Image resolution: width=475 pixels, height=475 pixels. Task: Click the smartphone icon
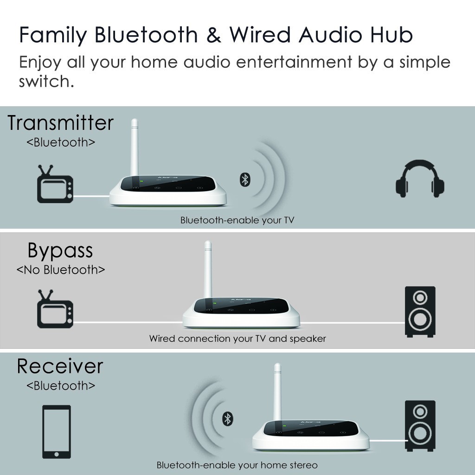coord(57,432)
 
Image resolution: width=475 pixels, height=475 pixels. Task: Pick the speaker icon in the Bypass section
coord(420,311)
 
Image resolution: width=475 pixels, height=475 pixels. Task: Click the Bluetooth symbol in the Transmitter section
coord(244,180)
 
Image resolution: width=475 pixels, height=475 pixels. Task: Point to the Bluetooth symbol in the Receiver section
coord(227,419)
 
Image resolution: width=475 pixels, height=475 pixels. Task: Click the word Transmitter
coord(60,123)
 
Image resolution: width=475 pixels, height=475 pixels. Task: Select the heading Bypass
coord(60,250)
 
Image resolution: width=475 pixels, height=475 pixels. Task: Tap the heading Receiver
coord(60,366)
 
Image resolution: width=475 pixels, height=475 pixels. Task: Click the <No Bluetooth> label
coord(61,270)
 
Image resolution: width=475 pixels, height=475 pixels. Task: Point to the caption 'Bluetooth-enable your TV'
coord(237,220)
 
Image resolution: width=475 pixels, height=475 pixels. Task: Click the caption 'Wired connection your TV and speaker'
coord(237,339)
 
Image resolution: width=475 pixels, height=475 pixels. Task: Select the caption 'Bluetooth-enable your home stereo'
coord(237,465)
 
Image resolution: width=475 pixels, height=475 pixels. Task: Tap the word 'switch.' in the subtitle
coord(46,82)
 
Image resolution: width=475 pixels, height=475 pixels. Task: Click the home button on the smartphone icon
coord(57,453)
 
